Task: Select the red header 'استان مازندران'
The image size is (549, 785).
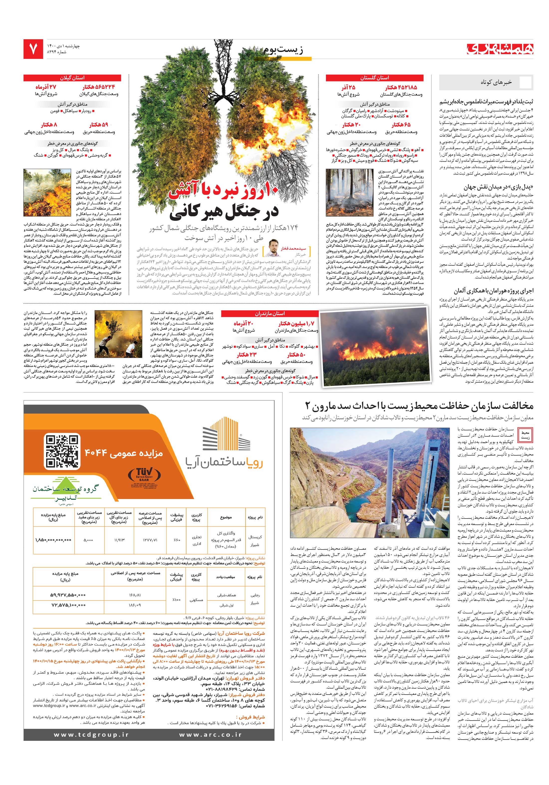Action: [x=270, y=313]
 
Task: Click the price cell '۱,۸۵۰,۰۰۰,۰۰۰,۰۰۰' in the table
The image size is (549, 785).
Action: [x=53, y=540]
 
